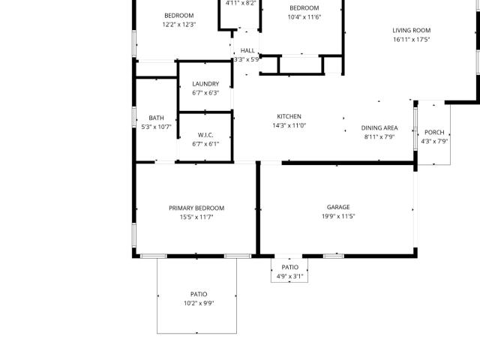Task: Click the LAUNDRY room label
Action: pyautogui.click(x=205, y=84)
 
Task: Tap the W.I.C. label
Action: pyautogui.click(x=205, y=135)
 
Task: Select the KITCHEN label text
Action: pyautogui.click(x=289, y=116)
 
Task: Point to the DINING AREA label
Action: pyautogui.click(x=379, y=128)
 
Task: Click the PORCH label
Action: pyautogui.click(x=434, y=132)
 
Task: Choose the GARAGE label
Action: pyautogui.click(x=338, y=207)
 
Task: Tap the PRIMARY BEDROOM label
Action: pyautogui.click(x=196, y=208)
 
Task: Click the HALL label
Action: pyautogui.click(x=247, y=50)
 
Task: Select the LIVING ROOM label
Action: pyautogui.click(x=412, y=30)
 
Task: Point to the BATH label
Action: pyautogui.click(x=157, y=118)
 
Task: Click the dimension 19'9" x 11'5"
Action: pyautogui.click(x=338, y=216)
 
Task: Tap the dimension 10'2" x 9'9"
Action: pyautogui.click(x=199, y=303)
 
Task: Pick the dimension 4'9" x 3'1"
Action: pyautogui.click(x=289, y=277)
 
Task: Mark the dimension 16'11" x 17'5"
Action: pyautogui.click(x=412, y=40)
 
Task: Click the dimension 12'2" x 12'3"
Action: pyautogui.click(x=179, y=25)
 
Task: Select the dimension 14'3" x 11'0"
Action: pyautogui.click(x=289, y=125)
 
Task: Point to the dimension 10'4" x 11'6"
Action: pyautogui.click(x=304, y=17)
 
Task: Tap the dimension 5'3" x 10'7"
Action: pyautogui.click(x=157, y=127)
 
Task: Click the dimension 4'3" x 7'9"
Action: pyautogui.click(x=434, y=142)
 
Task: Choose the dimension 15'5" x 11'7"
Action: pyautogui.click(x=196, y=217)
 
